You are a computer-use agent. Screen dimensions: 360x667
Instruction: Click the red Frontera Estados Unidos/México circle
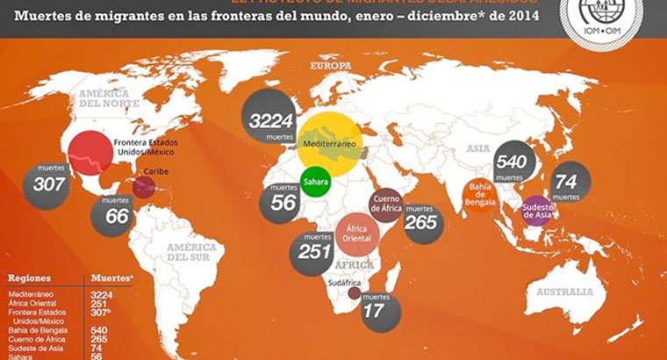(90, 151)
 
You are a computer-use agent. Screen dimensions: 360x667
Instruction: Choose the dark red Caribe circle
(143, 186)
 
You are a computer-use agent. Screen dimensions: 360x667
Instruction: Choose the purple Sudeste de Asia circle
(537, 211)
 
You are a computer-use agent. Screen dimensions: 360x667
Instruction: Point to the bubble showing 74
(568, 182)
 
